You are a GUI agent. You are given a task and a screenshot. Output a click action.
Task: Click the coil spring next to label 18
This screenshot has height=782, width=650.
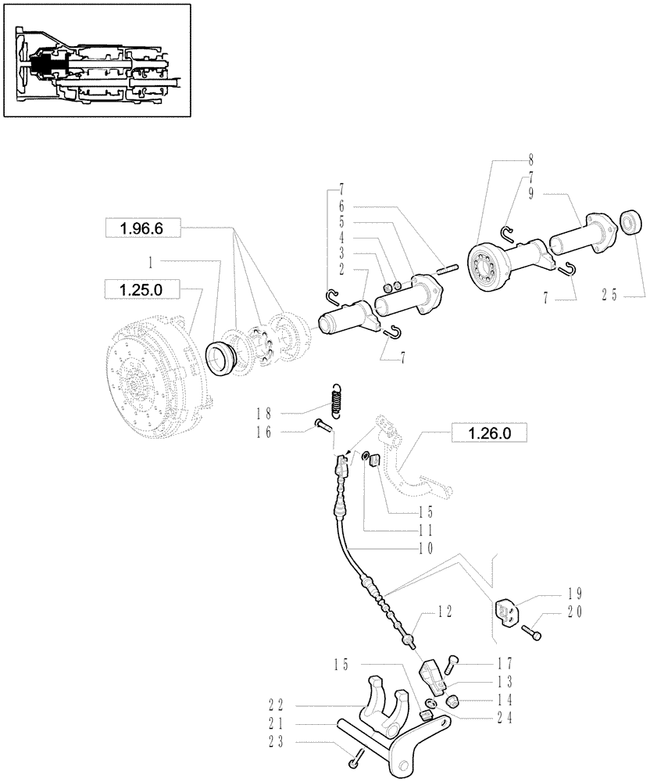pyautogui.click(x=337, y=400)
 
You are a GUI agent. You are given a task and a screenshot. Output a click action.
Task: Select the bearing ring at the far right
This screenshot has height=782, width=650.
pyautogui.click(x=630, y=222)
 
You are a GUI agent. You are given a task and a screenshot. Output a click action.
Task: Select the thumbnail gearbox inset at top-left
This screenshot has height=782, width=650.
pyautogui.click(x=96, y=61)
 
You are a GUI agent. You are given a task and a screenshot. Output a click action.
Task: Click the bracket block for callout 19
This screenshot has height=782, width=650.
pyautogui.click(x=509, y=610)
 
